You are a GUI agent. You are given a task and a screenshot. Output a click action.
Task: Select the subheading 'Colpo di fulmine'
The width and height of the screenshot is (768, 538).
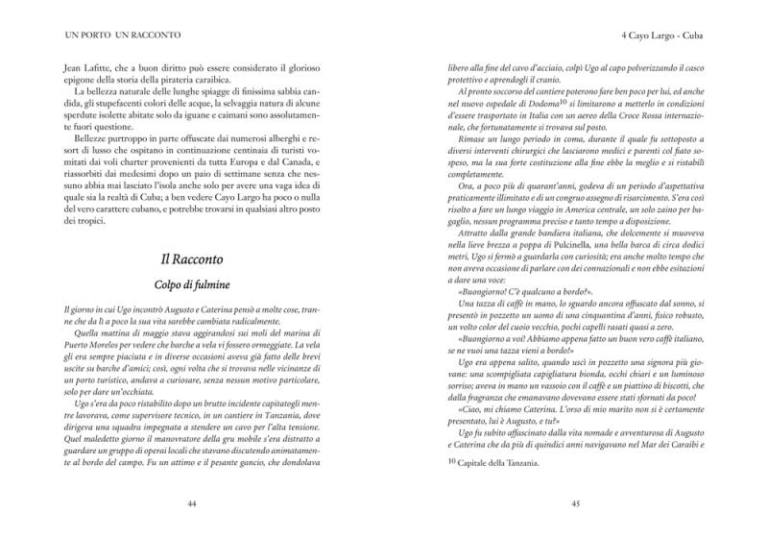tap(191, 285)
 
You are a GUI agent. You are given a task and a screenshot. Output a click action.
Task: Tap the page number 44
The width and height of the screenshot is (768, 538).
tap(191, 502)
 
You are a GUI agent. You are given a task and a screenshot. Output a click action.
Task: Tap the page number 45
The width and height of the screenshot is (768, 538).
tap(575, 502)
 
